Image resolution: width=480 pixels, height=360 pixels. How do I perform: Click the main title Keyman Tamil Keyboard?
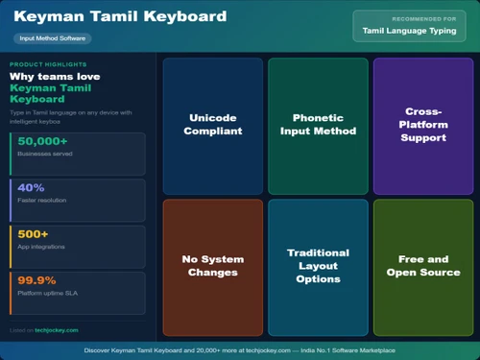click(121, 17)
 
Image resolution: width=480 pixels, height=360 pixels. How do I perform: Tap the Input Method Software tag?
click(53, 38)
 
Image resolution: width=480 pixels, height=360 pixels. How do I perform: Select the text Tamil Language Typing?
click(410, 31)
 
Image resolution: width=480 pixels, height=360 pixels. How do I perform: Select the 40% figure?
click(32, 187)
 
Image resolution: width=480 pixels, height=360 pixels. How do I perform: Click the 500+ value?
click(34, 233)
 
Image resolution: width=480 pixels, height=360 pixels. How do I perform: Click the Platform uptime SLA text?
click(48, 295)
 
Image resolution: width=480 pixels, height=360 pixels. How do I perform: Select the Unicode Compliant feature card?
click(213, 124)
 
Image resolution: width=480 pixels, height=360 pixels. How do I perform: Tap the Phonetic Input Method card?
click(318, 124)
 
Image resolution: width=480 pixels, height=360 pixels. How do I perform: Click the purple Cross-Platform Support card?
click(423, 124)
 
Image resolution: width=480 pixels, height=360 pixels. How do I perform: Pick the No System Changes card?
click(213, 266)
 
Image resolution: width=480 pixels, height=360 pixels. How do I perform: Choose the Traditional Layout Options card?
click(318, 266)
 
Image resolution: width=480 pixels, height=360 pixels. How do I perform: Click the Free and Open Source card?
click(423, 266)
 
